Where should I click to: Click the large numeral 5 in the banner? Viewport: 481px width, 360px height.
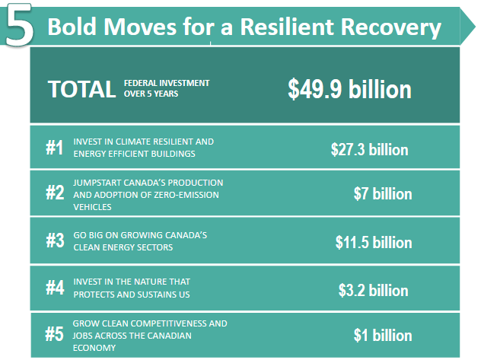pyautogui.click(x=19, y=25)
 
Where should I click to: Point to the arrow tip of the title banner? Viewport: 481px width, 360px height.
pyautogui.click(x=475, y=27)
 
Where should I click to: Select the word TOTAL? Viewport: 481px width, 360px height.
pyautogui.click(x=81, y=89)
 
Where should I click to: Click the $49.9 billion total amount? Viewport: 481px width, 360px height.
pyautogui.click(x=349, y=89)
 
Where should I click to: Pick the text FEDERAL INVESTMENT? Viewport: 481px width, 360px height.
pyautogui.click(x=167, y=83)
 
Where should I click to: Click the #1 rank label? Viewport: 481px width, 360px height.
pyautogui.click(x=55, y=148)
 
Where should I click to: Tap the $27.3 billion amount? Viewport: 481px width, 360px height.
pyautogui.click(x=369, y=150)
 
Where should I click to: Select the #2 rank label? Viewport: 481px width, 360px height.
pyautogui.click(x=55, y=193)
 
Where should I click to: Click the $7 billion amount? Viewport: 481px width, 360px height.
pyautogui.click(x=383, y=194)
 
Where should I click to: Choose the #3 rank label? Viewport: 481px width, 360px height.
pyautogui.click(x=55, y=240)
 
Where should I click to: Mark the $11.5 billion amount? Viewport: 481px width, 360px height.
pyautogui.click(x=374, y=242)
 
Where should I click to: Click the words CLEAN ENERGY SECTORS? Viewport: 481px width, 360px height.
pyautogui.click(x=123, y=247)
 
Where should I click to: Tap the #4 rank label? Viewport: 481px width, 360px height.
pyautogui.click(x=55, y=288)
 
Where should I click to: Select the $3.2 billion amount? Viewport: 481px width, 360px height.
pyautogui.click(x=374, y=290)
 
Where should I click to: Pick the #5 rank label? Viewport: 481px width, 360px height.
pyautogui.click(x=54, y=334)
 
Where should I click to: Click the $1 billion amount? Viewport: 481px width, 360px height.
pyautogui.click(x=383, y=335)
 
